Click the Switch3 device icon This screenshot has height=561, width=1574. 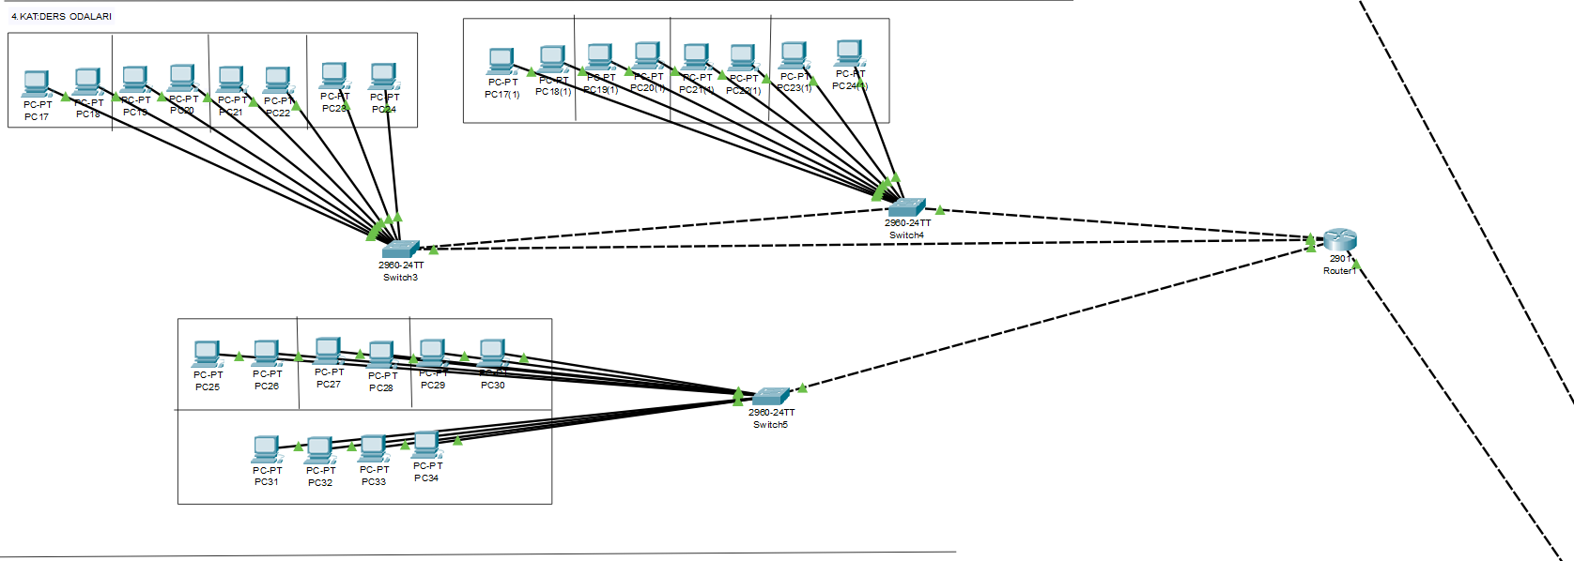click(400, 249)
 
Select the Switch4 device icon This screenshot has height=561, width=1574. click(906, 207)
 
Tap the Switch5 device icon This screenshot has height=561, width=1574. click(771, 396)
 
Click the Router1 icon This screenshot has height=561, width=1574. click(1339, 240)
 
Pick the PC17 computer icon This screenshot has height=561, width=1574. click(36, 83)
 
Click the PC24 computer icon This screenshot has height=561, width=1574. click(382, 76)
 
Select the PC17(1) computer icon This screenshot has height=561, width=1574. click(502, 61)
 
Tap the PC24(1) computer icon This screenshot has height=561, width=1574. click(849, 53)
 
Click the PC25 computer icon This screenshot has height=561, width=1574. click(207, 354)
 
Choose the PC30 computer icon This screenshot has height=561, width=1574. click(492, 353)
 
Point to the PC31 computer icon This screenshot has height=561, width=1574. click(266, 449)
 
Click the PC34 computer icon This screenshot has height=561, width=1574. click(426, 445)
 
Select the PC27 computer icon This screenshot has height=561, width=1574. click(328, 351)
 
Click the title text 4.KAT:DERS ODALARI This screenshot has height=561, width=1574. click(61, 16)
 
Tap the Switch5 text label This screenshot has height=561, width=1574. click(770, 425)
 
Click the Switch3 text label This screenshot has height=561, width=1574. click(400, 278)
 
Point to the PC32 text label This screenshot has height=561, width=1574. click(320, 483)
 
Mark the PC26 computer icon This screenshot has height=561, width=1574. click(267, 354)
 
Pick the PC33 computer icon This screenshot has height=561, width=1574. click(373, 448)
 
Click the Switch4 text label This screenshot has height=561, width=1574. click(906, 235)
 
